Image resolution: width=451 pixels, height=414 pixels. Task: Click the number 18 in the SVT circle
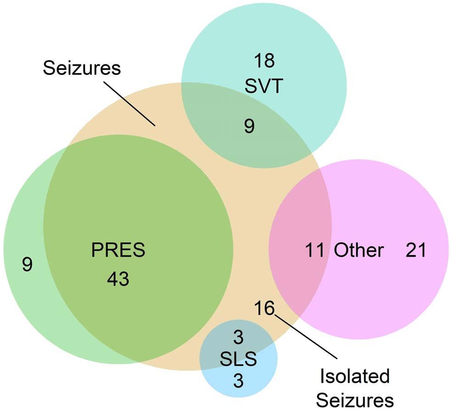265,61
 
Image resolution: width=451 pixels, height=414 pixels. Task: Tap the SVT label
264,86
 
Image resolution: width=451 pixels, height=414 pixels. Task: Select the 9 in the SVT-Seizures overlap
249,126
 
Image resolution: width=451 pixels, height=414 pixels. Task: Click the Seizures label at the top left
82,68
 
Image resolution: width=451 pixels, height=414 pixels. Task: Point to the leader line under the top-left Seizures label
130,104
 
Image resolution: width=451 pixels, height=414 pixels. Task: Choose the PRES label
118,250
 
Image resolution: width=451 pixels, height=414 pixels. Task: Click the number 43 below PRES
118,279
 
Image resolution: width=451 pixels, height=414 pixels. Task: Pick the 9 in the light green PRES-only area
27,264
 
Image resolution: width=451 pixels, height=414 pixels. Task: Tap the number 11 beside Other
315,250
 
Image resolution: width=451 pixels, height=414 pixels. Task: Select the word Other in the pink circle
359,250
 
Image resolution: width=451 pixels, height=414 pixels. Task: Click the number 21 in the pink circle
416,250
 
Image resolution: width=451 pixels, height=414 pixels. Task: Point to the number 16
265,308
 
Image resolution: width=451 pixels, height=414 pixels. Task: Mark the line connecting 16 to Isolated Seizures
305,337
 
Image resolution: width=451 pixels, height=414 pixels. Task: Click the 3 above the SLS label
238,337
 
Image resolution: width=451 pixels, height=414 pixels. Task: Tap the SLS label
238,359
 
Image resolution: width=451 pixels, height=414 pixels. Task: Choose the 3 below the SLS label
238,380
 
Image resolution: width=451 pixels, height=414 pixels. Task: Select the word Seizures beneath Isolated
355,400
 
